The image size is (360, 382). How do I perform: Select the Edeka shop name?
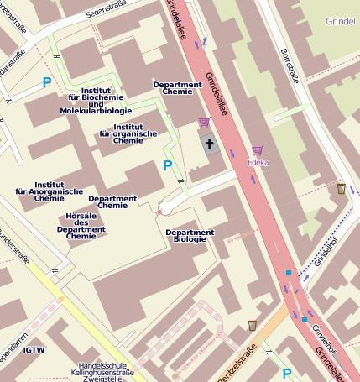(x=258, y=162)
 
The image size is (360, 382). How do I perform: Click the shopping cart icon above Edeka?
(x=257, y=150)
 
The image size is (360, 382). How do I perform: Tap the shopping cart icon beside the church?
(x=204, y=123)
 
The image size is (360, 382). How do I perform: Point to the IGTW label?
(x=34, y=350)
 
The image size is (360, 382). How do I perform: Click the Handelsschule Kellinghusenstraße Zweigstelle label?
(x=102, y=372)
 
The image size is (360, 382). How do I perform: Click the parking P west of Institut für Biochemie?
(x=47, y=82)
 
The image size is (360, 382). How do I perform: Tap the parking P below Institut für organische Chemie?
(x=168, y=165)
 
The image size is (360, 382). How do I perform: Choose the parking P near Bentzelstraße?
(x=287, y=373)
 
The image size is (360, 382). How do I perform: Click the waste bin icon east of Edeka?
(x=341, y=189)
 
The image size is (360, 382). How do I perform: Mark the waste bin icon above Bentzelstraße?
(x=252, y=325)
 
